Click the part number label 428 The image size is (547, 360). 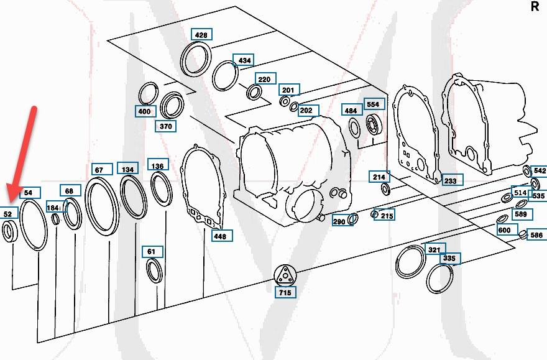click(201, 35)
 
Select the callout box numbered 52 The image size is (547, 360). click(8, 213)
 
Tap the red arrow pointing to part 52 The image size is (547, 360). click(22, 149)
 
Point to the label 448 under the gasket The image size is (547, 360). click(220, 236)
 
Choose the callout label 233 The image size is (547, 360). click(450, 180)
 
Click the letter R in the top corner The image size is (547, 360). click(535, 7)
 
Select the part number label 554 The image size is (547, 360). click(372, 104)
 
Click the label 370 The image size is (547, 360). click(165, 126)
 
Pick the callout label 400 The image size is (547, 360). click(144, 112)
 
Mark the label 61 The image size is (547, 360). click(152, 252)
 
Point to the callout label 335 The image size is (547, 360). click(449, 258)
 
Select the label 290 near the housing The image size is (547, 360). click(339, 221)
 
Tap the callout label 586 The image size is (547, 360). click(536, 236)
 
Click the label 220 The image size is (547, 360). click(264, 80)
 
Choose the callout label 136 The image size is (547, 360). click(158, 165)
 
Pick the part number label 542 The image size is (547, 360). click(540, 170)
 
